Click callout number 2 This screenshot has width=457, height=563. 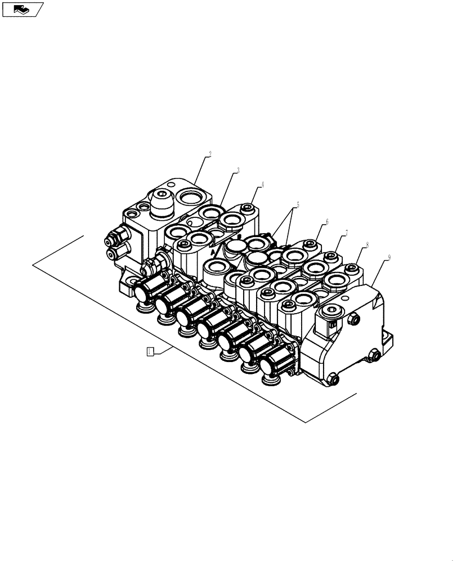point(209,154)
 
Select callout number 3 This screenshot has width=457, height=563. point(238,170)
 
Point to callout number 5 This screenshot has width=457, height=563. point(298,205)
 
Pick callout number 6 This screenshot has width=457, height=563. point(326,221)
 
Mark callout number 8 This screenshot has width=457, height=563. point(367,245)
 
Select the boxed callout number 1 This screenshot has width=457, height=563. point(150,352)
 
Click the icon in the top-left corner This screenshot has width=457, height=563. point(23,9)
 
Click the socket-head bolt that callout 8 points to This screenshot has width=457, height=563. point(352,268)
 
